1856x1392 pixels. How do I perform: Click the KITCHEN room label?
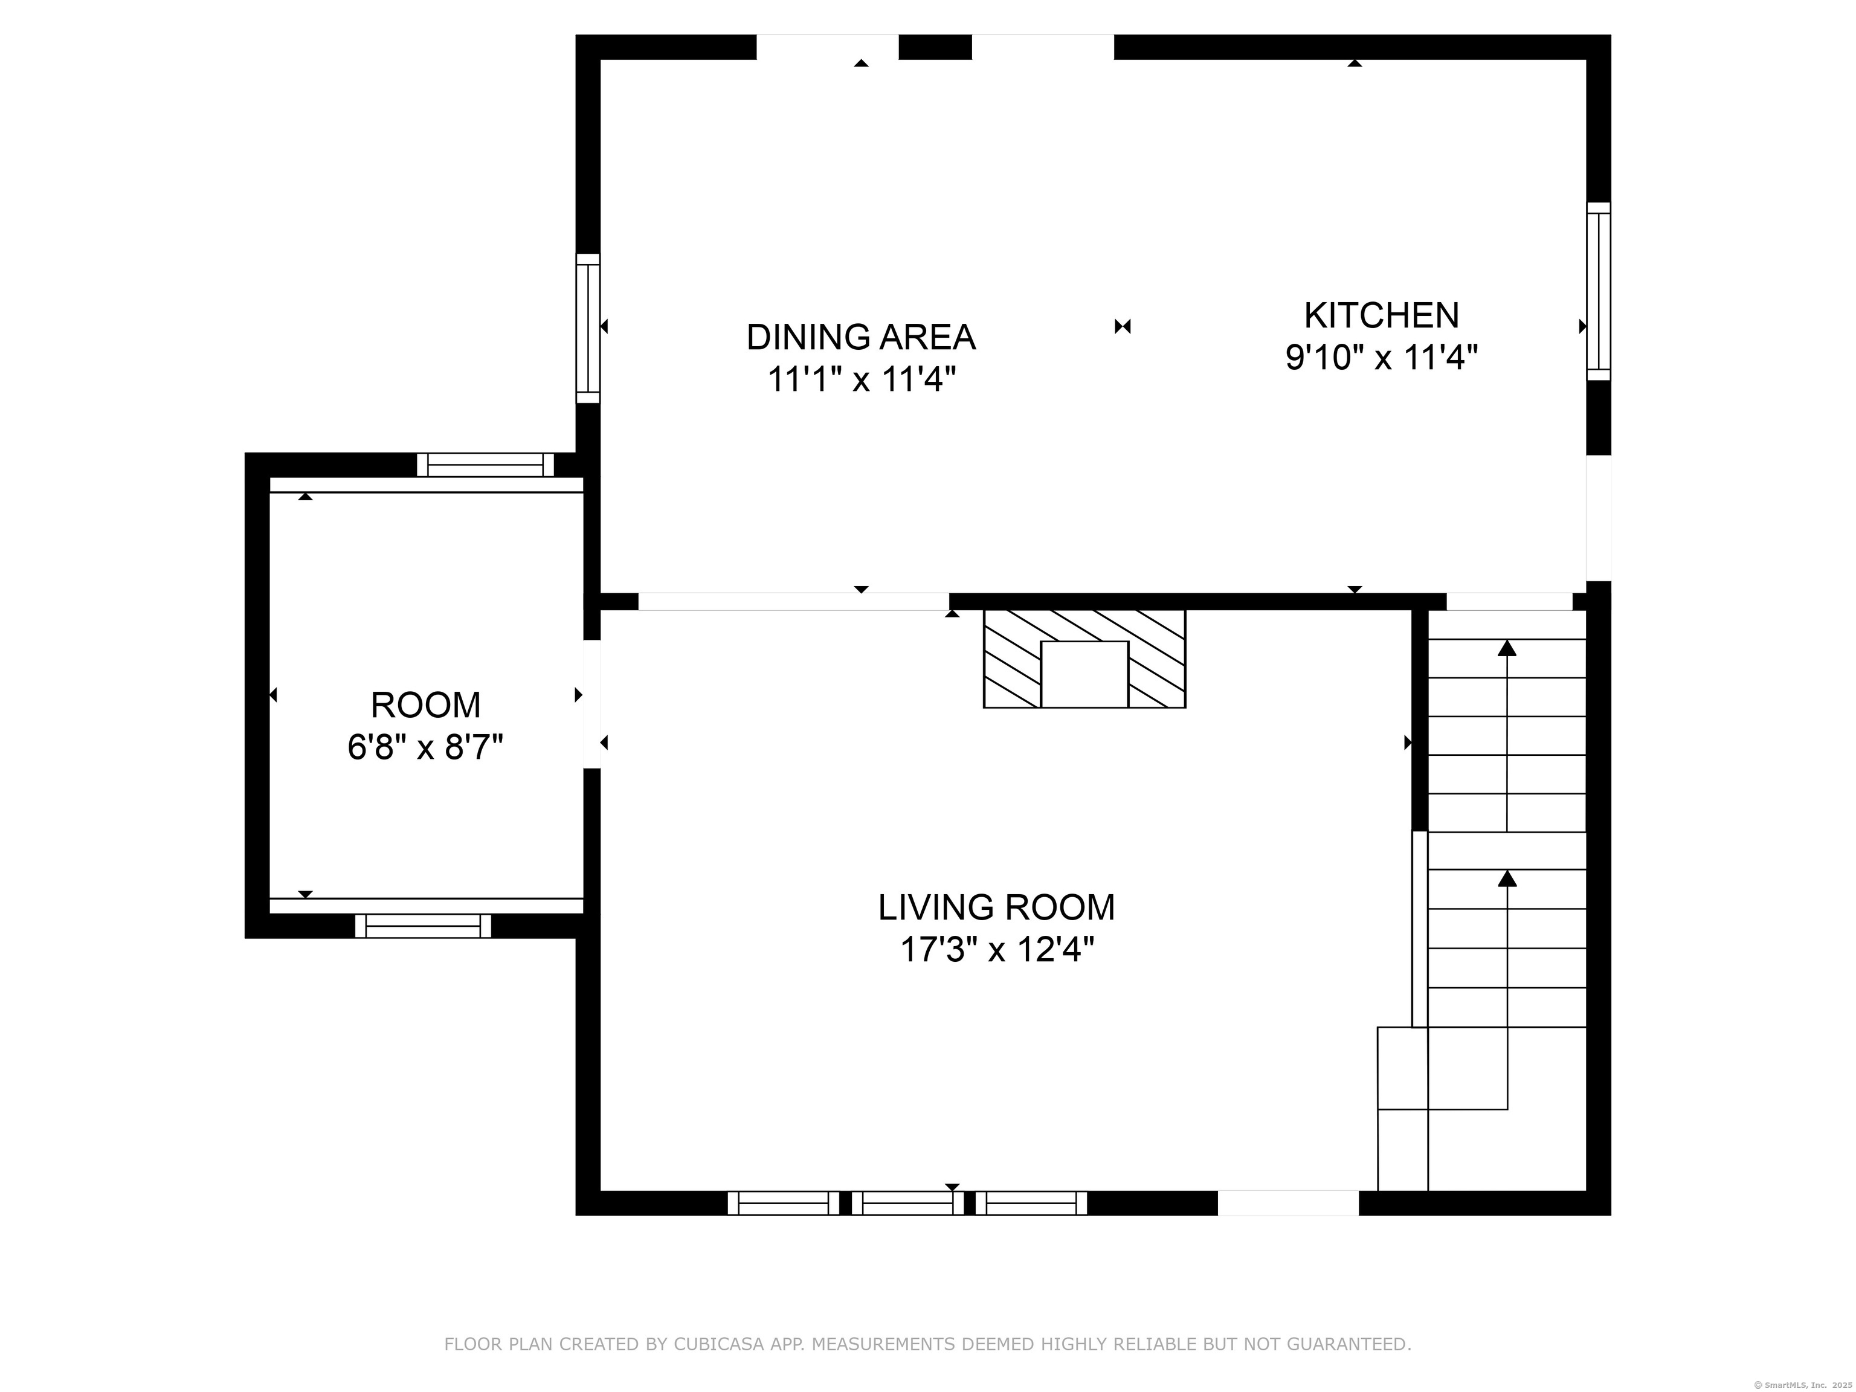tap(1381, 315)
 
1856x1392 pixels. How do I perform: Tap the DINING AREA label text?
tap(861, 337)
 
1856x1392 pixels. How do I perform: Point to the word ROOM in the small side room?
tap(425, 705)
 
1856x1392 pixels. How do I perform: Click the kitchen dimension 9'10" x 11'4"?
tap(1381, 358)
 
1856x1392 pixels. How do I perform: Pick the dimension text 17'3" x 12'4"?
tap(997, 950)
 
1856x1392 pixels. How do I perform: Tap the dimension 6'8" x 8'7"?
tap(425, 747)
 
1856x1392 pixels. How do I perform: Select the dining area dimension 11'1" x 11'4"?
tap(862, 380)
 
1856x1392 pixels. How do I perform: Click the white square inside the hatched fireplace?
tap(1084, 674)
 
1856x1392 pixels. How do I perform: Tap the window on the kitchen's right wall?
tap(1599, 291)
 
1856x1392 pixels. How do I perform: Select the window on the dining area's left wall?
tap(588, 328)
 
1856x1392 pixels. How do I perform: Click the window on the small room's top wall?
tap(486, 465)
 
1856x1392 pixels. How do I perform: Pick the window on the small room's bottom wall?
tap(423, 926)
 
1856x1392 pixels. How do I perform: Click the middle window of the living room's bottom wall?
tap(908, 1203)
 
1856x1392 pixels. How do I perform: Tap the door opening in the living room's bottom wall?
tap(1288, 1203)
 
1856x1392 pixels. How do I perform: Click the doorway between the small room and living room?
tap(592, 704)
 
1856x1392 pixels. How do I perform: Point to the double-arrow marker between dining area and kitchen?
tap(1123, 326)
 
